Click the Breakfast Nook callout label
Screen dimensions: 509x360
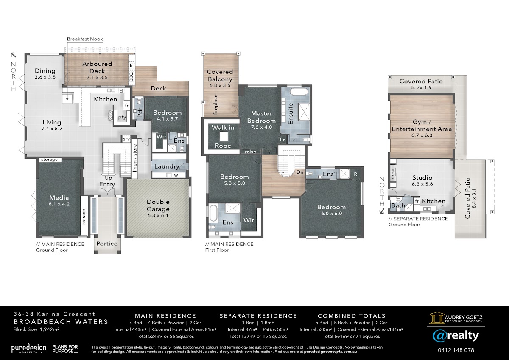pos(85,39)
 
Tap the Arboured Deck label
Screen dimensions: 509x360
pos(97,67)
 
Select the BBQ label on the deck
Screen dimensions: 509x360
pos(131,76)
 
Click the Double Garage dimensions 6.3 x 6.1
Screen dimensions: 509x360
pos(158,215)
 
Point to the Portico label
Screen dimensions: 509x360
pos(107,244)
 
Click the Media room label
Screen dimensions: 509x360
pos(59,198)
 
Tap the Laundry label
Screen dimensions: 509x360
pos(167,166)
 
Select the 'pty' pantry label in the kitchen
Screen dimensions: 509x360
pos(122,117)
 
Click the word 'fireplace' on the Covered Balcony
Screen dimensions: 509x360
pos(215,104)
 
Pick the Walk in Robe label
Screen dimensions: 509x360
pos(223,136)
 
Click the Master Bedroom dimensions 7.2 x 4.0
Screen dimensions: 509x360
pos(261,127)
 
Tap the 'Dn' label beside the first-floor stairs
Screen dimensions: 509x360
pos(300,172)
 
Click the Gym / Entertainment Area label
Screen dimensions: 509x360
pos(422,126)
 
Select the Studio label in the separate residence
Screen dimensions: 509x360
pos(422,177)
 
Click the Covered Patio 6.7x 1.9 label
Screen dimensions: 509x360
pos(421,84)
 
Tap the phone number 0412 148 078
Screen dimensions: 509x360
pos(456,350)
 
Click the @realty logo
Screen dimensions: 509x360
pos(456,336)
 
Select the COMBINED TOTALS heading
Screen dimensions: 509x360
pos(352,316)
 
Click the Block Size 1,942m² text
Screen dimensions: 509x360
pos(36,329)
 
